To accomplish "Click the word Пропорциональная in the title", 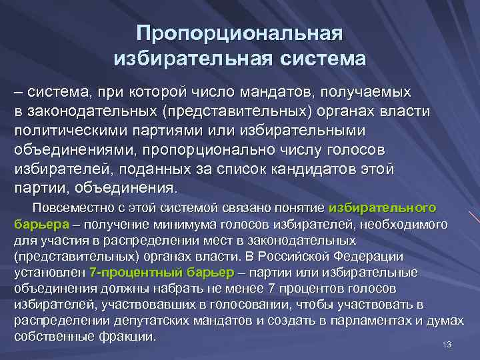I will point(239,34).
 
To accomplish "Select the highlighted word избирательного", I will point(391,207).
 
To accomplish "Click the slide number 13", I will point(447,345).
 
